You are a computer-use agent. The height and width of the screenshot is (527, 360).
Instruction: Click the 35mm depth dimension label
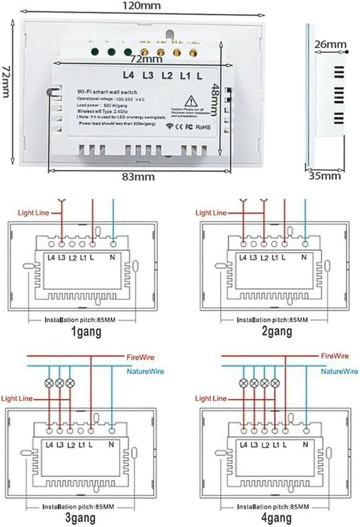click(325, 176)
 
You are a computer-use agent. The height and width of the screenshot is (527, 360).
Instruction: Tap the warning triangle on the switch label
click(188, 101)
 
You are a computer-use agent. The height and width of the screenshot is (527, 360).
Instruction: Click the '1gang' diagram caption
click(87, 331)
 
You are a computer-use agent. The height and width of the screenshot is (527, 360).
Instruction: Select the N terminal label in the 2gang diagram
click(303, 257)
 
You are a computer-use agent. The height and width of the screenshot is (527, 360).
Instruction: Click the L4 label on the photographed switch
click(130, 75)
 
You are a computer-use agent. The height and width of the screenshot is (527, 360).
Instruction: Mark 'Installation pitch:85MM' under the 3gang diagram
click(83, 506)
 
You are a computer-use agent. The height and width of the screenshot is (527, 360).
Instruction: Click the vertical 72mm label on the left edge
click(7, 82)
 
